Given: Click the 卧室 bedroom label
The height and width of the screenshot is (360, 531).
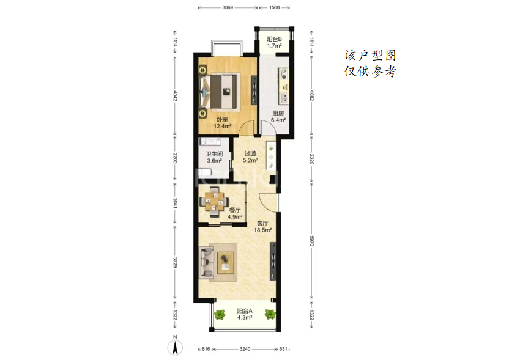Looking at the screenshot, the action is click(222, 119).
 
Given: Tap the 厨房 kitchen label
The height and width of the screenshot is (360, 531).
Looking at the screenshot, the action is click(278, 113).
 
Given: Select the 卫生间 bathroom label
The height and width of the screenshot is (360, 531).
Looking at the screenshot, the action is click(214, 154).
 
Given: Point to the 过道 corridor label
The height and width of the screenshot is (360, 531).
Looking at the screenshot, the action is click(250, 153).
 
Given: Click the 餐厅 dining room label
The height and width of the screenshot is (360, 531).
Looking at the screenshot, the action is click(235, 210).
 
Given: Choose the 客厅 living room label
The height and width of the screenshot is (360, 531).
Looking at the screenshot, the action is click(262, 223).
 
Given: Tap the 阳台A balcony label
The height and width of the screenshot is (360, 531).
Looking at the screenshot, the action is click(245, 311).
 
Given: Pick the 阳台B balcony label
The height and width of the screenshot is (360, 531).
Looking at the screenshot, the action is click(274, 39).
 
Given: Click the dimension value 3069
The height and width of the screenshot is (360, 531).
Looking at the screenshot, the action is click(228, 7).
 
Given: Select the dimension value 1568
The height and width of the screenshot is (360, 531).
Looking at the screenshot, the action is click(274, 7).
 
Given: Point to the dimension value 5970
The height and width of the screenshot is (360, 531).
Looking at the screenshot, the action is click(311, 241).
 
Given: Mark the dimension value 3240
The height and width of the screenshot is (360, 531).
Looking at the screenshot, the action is click(245, 349).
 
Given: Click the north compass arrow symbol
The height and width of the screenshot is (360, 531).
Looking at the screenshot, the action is click(175, 347).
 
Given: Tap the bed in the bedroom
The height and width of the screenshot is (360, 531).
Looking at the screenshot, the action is click(220, 91).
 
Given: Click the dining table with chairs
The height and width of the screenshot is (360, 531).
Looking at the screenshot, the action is click(214, 202).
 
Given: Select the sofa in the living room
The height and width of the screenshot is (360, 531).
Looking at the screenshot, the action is click(207, 263).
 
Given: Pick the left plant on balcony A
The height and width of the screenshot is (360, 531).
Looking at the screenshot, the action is click(220, 315).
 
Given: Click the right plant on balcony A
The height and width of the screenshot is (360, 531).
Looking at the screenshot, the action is click(270, 314).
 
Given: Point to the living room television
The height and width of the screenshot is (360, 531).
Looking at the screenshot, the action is click(272, 261).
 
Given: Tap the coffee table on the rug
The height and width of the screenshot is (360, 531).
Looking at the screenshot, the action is click(226, 263).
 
